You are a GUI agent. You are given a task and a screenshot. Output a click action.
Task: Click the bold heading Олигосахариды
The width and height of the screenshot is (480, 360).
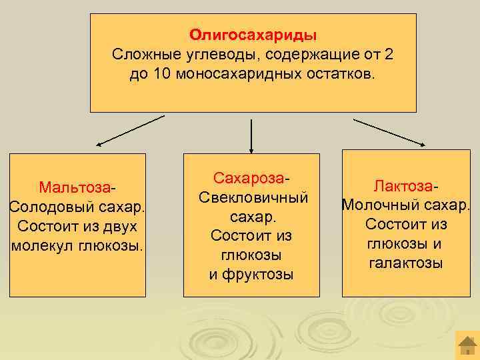(253, 34)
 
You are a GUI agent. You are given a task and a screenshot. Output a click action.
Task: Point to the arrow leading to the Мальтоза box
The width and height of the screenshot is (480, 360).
(130, 129)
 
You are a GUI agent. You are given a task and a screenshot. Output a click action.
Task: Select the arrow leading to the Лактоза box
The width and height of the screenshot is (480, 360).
(390, 132)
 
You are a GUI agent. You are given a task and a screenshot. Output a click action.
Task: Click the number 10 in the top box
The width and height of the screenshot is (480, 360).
(163, 73)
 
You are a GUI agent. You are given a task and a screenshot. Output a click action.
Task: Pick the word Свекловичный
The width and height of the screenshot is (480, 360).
(253, 198)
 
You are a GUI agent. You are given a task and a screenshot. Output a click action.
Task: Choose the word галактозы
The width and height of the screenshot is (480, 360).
(405, 263)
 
